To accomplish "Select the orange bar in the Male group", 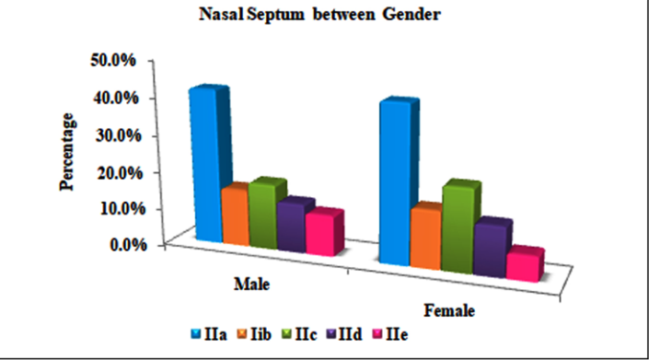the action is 235,215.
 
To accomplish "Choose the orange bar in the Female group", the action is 426,238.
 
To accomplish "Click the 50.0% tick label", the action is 113,61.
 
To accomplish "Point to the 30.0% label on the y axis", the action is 119,135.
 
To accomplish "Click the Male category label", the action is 251,285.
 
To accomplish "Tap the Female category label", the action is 449,311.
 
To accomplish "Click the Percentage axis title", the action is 66,152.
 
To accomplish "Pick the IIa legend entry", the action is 209,334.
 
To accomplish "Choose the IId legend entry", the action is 344,334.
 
